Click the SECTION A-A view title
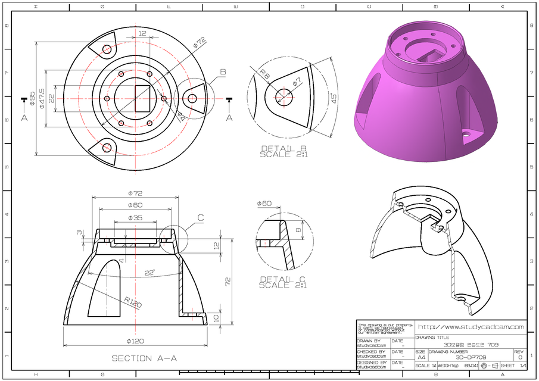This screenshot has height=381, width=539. coord(144,358)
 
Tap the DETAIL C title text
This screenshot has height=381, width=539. coord(282,282)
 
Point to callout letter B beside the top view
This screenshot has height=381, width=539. coord(223,72)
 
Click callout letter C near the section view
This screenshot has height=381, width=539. coord(201,218)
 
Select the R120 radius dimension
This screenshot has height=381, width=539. coord(133,304)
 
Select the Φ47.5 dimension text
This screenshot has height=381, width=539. coord(42,98)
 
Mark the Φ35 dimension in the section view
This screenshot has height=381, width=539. coord(135,218)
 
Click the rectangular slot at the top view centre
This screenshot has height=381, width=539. coord(143,98)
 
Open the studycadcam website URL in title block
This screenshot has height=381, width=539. coord(471,327)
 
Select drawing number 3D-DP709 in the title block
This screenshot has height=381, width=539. coord(469,357)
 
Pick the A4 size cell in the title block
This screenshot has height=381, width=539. coord(421,357)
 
